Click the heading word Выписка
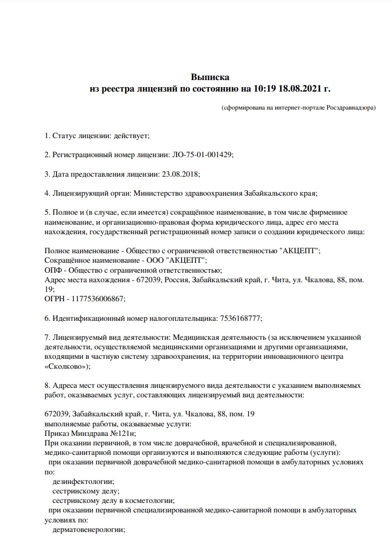pyautogui.click(x=210, y=77)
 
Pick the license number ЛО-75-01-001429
pyautogui.click(x=202, y=155)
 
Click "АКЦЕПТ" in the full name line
pyautogui.click(x=299, y=251)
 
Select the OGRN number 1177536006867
pyautogui.click(x=98, y=298)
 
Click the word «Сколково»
pyautogui.click(x=66, y=366)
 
